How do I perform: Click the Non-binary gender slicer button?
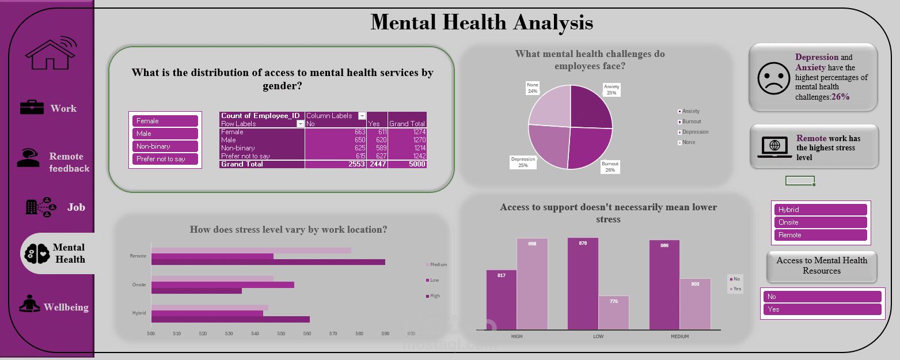[165, 146]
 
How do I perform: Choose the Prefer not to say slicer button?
[165, 159]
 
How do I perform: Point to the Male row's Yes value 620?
[377, 140]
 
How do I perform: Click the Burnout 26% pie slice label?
[610, 167]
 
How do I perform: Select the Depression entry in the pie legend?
[695, 132]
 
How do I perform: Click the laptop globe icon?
[773, 147]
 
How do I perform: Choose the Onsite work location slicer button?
[821, 222]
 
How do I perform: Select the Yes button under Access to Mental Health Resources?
[822, 309]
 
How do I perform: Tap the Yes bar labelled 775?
[613, 314]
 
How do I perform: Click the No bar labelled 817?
[501, 301]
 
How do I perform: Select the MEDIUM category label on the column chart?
[679, 336]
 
